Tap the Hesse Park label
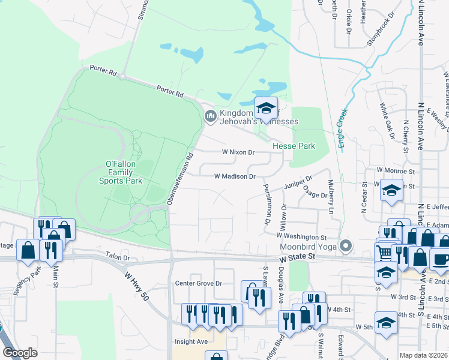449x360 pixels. (294, 146)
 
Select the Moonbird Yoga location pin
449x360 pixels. (345, 245)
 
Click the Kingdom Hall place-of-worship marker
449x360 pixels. (210, 115)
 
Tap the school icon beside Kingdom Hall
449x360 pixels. (266, 109)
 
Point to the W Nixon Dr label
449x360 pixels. (238, 152)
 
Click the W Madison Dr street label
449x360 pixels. (235, 176)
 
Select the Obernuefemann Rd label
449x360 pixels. (180, 178)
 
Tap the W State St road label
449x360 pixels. (297, 257)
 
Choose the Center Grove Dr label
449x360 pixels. (198, 283)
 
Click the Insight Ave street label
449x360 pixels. (191, 341)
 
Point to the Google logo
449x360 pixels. (20, 353)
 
